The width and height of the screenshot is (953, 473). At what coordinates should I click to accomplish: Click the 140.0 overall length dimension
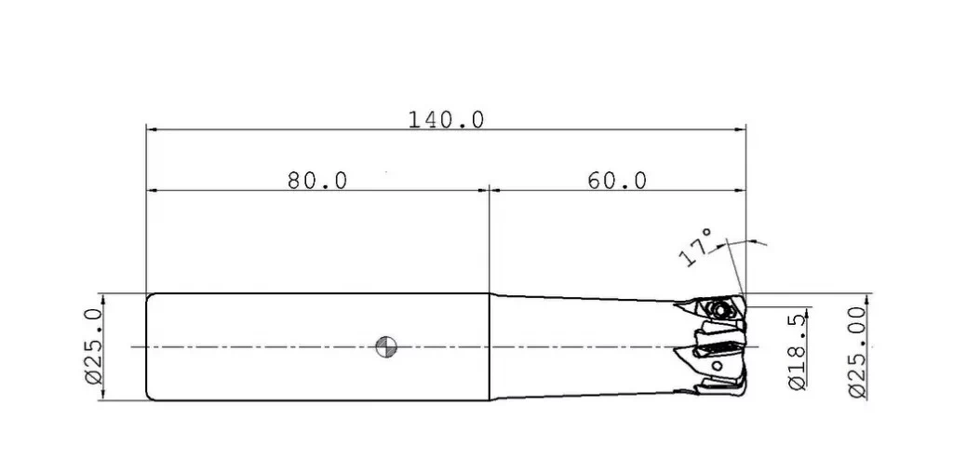pyautogui.click(x=446, y=120)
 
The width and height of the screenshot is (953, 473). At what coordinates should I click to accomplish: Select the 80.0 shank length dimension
pyautogui.click(x=317, y=181)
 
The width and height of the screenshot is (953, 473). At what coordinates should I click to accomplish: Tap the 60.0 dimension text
pyautogui.click(x=617, y=181)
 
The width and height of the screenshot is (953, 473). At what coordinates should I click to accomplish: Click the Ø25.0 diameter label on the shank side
pyautogui.click(x=94, y=346)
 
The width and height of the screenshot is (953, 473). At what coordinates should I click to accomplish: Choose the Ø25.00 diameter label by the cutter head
pyautogui.click(x=857, y=353)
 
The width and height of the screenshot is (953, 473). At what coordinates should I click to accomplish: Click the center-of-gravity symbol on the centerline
pyautogui.click(x=386, y=347)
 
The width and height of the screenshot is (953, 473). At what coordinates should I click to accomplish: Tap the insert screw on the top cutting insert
pyautogui.click(x=721, y=309)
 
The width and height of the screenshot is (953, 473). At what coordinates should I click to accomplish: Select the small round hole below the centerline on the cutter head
pyautogui.click(x=718, y=366)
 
